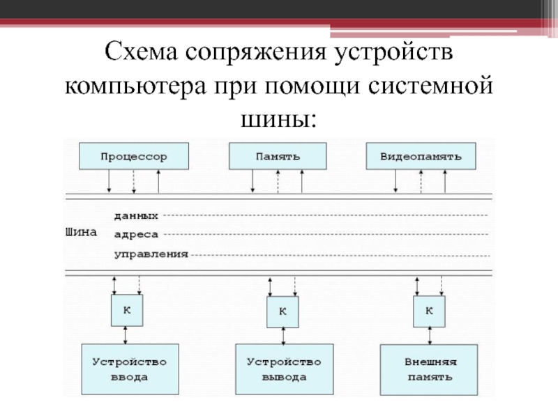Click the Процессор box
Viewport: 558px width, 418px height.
coord(133,156)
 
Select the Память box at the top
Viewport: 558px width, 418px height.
coord(278,156)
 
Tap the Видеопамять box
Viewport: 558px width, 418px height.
coord(421,156)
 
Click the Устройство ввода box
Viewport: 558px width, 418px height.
coord(130,369)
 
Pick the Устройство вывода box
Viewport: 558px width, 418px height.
coord(283,369)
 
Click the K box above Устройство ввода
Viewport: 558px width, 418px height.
coord(126,309)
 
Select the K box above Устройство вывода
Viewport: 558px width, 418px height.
coord(282,311)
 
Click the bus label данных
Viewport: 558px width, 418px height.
coord(136,215)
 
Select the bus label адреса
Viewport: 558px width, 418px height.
coord(136,235)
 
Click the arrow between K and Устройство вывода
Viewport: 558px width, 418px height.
coord(283,335)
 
